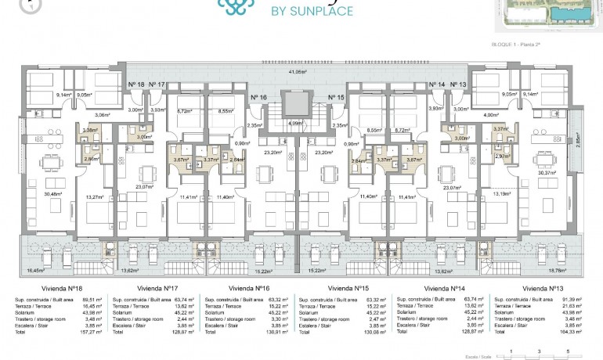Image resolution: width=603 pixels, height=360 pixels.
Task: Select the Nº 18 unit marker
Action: click(x=135, y=84)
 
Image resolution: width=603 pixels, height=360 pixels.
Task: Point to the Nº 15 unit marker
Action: click(x=336, y=97)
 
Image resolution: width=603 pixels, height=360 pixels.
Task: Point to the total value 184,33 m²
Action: click(x=576, y=330)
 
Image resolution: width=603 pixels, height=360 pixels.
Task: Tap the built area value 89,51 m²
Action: click(x=92, y=299)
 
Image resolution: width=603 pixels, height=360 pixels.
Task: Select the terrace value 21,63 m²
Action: click(x=578, y=305)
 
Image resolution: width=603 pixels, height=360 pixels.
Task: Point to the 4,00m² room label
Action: click(x=482, y=114)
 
